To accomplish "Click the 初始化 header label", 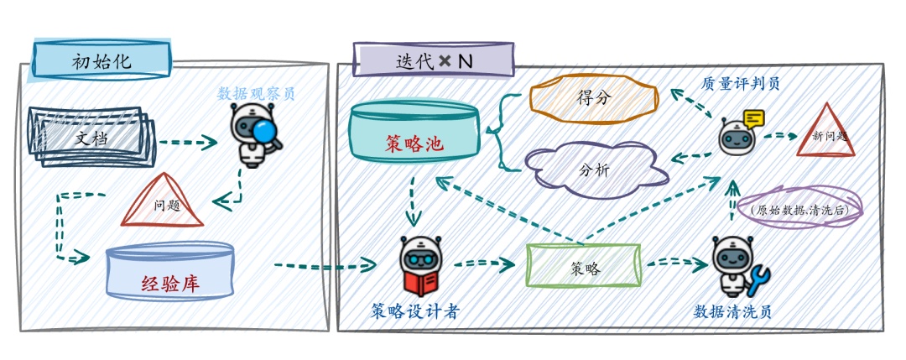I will [102, 60].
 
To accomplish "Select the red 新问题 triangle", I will [825, 133].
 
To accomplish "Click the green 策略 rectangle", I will [585, 267].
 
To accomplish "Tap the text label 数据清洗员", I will [732, 312].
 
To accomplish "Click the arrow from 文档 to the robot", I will [187, 143].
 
